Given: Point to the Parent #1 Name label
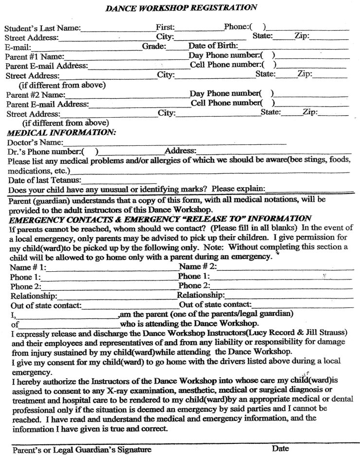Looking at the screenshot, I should (35, 56).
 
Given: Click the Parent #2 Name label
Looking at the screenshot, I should (35, 94).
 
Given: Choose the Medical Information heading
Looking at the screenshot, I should (61, 132).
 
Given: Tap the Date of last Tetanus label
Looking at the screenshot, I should (39, 180).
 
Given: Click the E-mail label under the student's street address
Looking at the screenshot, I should (18, 47).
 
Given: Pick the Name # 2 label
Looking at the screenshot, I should (197, 266).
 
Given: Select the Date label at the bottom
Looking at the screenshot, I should (281, 448).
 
